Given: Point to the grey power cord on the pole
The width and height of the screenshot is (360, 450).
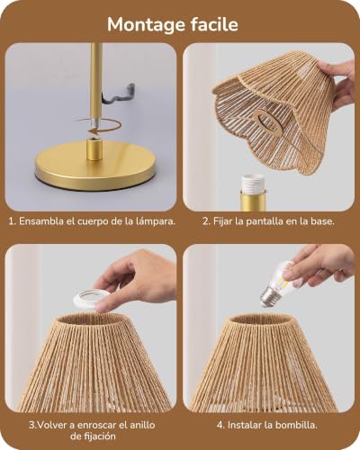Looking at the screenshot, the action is pyautogui.click(x=119, y=94).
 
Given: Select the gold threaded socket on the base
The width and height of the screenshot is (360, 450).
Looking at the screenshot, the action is pyautogui.click(x=94, y=148).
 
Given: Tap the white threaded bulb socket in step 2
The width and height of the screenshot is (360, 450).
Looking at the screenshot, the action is pyautogui.click(x=253, y=183).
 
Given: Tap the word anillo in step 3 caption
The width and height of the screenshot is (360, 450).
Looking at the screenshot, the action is pyautogui.click(x=142, y=425).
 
